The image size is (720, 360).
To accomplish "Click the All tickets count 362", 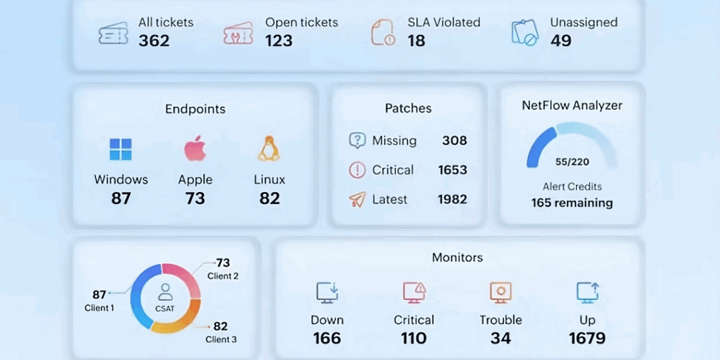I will [154, 41].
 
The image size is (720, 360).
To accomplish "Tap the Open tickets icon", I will [238, 33].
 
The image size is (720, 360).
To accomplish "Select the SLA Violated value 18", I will [416, 41].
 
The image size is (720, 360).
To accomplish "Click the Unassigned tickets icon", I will [524, 32].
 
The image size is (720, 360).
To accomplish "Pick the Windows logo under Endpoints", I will [121, 150].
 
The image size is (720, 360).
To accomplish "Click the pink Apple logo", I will [195, 148].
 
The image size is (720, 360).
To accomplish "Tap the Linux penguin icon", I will [269, 149].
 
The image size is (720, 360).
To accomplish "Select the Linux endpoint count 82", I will [269, 198].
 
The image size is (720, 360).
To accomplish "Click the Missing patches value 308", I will [454, 141].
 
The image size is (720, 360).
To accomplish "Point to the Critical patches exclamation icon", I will [357, 170].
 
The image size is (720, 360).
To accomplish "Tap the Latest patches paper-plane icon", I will [357, 200].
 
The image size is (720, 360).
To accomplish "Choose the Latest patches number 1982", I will [452, 200].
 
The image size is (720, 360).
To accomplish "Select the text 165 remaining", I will [572, 203].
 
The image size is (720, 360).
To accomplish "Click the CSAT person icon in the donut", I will [165, 291].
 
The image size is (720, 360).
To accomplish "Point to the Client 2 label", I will [223, 276].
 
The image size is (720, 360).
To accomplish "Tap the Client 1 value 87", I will [99, 294].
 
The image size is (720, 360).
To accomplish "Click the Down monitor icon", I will [327, 292].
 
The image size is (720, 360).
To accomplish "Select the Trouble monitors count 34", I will [500, 339].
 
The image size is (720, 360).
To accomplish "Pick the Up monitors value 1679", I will [587, 339].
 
